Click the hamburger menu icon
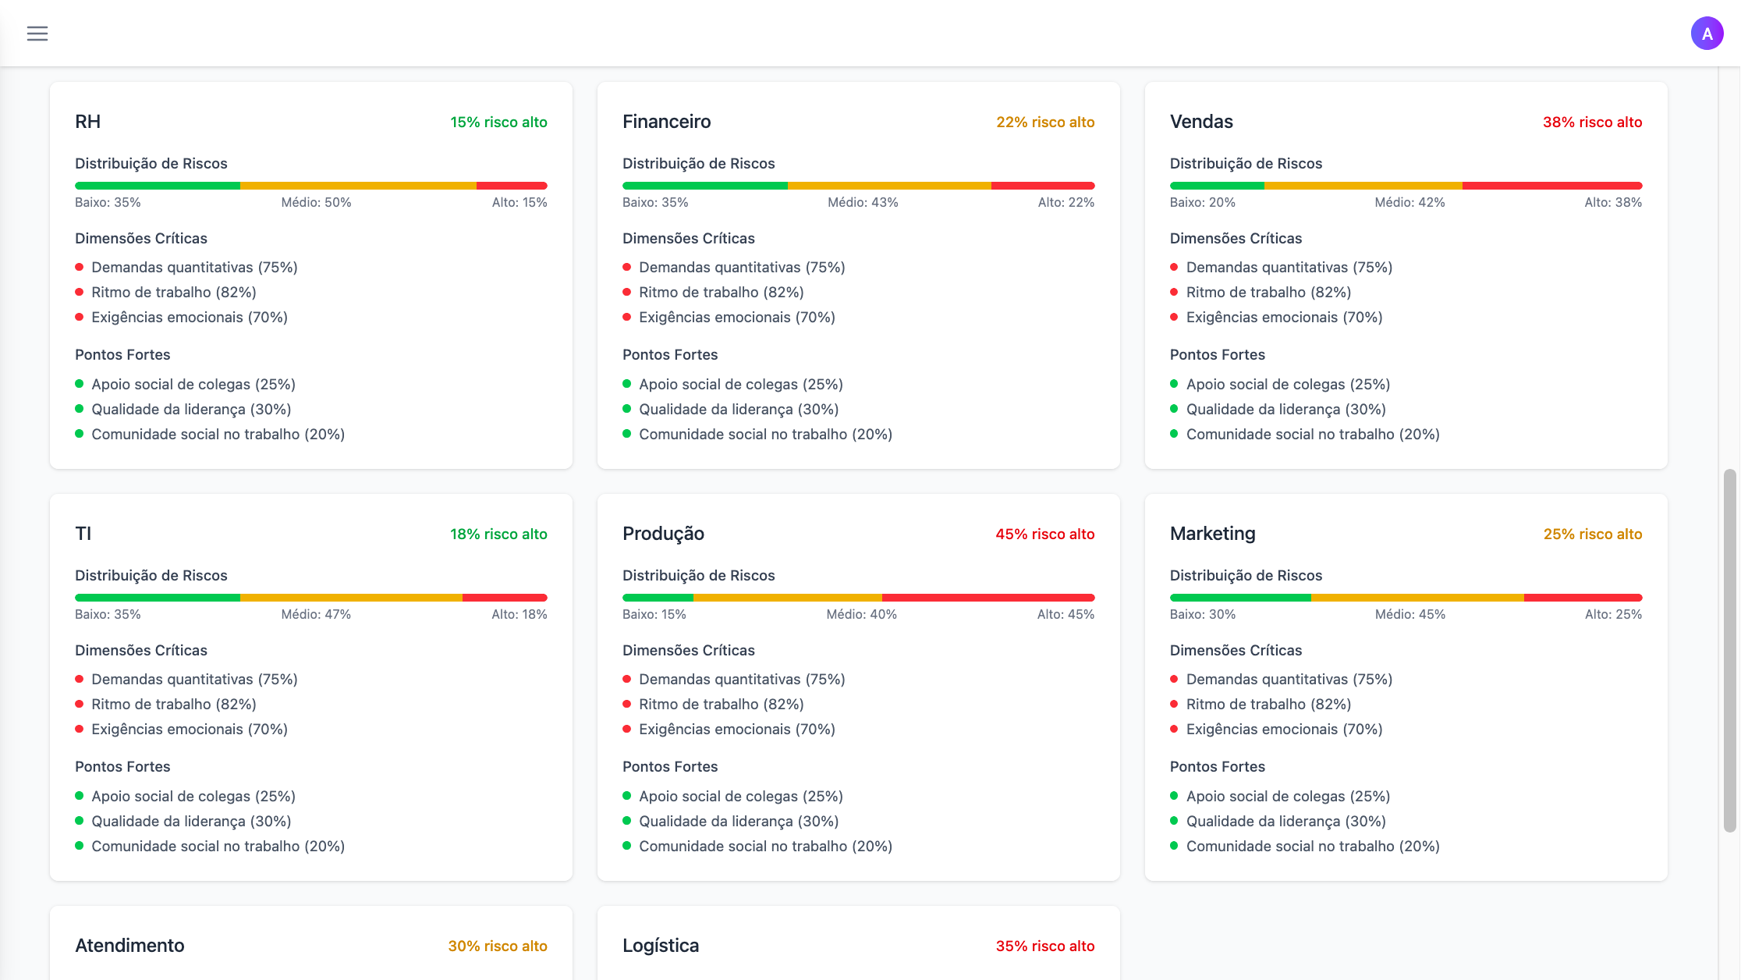(x=37, y=34)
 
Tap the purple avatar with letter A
(x=1707, y=34)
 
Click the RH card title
(x=87, y=122)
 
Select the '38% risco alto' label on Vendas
(x=1592, y=122)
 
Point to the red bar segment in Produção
(x=988, y=598)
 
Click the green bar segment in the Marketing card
(x=1240, y=598)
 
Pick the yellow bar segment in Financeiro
(x=889, y=186)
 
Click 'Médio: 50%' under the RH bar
(x=316, y=202)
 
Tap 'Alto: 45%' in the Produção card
(x=1066, y=614)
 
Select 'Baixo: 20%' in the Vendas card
(x=1202, y=202)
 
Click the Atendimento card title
(x=129, y=946)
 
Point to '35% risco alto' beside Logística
(x=1044, y=946)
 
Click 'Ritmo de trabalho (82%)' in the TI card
(x=174, y=704)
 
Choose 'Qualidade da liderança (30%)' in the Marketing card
(x=1285, y=821)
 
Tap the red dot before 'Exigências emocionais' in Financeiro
(x=626, y=317)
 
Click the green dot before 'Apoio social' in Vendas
(x=1174, y=384)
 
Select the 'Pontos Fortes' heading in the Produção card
(x=669, y=766)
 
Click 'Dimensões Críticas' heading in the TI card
(x=141, y=650)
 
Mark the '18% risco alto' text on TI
(x=498, y=534)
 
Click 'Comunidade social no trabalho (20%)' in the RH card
(x=218, y=434)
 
